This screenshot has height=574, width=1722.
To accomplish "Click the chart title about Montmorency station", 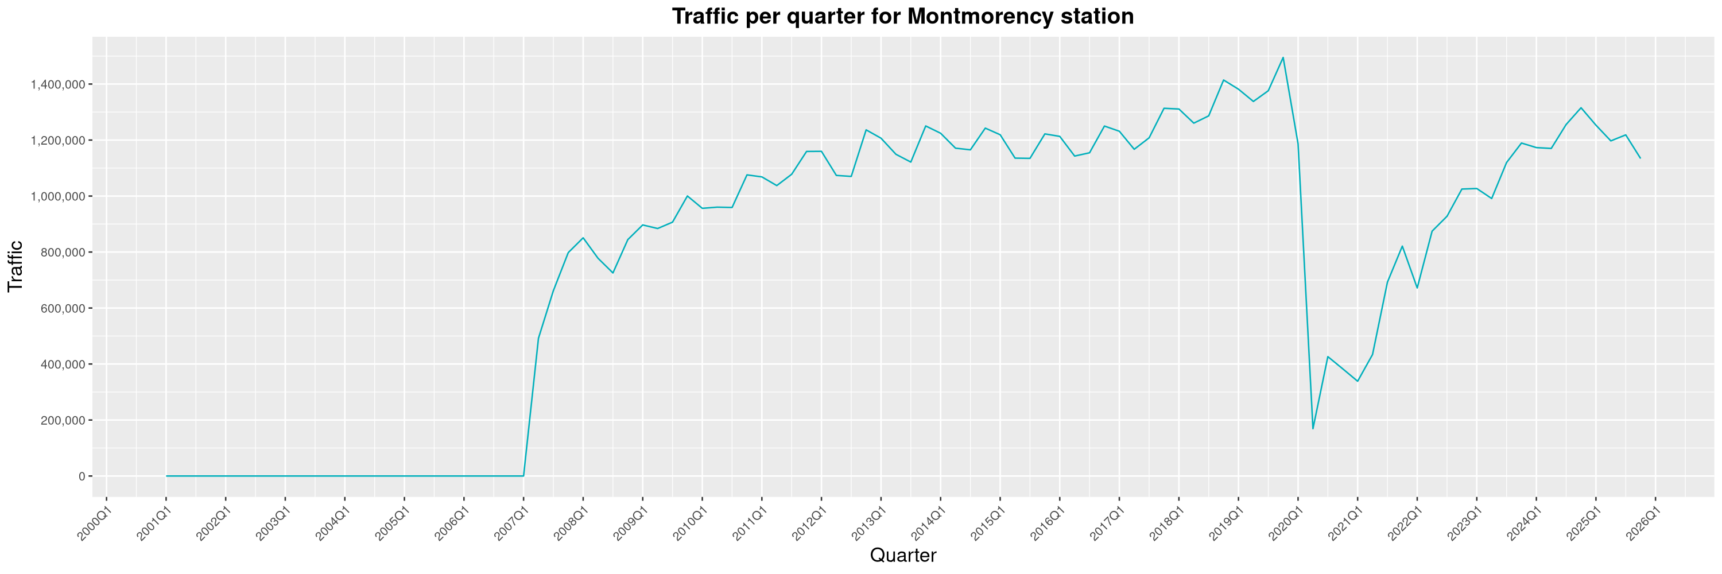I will [902, 16].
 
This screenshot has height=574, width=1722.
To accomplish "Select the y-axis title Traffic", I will [15, 266].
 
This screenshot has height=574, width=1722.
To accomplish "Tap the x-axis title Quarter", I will [902, 555].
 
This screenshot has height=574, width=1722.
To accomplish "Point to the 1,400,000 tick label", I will [57, 84].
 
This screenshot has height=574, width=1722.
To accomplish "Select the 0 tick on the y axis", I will [82, 476].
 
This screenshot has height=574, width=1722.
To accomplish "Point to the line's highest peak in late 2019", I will [1283, 57].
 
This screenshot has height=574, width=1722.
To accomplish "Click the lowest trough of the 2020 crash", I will [1313, 428].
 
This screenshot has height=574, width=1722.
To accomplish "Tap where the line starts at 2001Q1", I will [166, 476].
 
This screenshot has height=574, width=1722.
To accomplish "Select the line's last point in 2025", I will [1640, 158].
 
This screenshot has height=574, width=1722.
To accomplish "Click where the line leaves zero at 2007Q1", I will [523, 476].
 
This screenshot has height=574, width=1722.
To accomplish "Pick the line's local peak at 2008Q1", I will [583, 238].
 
